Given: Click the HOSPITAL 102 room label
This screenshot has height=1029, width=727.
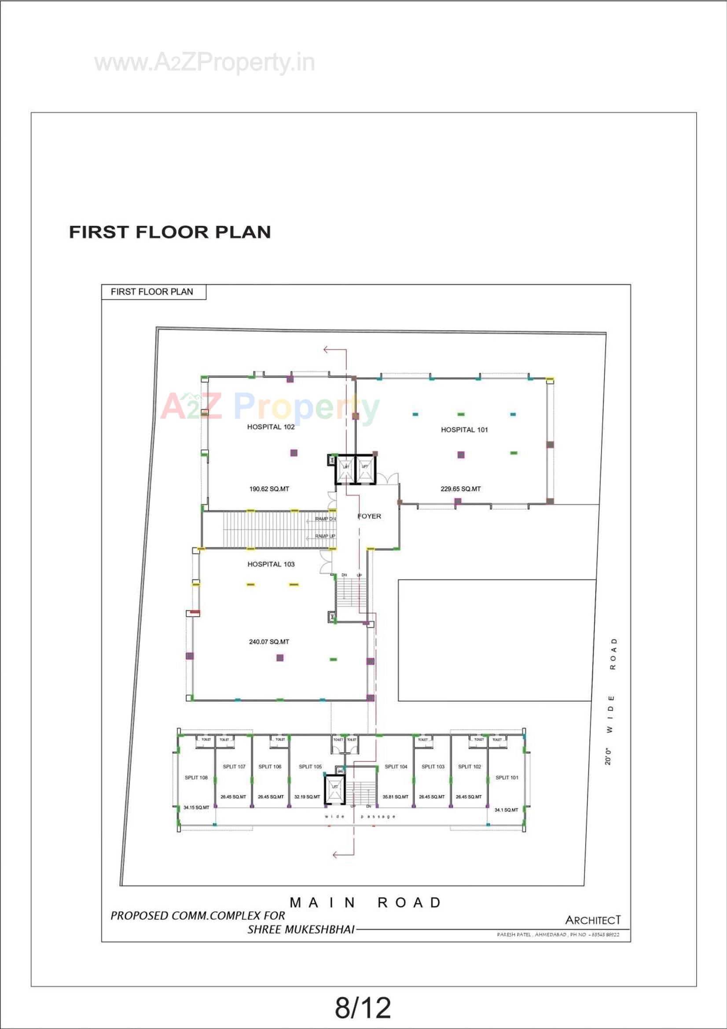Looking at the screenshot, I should [x=271, y=426].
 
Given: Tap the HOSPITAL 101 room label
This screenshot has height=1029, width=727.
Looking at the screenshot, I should [x=464, y=430].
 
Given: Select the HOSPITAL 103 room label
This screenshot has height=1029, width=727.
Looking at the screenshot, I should [x=271, y=564].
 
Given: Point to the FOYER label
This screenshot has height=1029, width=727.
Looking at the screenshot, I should [x=369, y=516].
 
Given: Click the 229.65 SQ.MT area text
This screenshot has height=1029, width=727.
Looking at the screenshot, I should [x=460, y=489].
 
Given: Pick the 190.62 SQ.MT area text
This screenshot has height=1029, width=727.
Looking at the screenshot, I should [x=269, y=489].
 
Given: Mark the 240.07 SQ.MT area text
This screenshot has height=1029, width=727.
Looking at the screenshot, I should [x=269, y=641].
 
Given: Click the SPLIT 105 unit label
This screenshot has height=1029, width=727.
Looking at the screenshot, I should [x=310, y=766].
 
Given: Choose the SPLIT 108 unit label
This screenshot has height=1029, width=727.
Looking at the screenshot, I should [x=196, y=777].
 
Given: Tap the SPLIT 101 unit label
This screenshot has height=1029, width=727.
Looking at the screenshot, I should [x=507, y=777].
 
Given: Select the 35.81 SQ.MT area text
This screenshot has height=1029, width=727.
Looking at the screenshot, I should [x=395, y=797].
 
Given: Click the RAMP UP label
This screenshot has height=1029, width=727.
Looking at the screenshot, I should [x=325, y=536].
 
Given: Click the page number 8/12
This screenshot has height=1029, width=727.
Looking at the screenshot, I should [x=363, y=1007].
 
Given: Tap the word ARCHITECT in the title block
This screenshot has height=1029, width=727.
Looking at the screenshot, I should [x=592, y=920].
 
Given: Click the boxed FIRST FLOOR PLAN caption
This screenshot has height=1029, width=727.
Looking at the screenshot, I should [x=152, y=292].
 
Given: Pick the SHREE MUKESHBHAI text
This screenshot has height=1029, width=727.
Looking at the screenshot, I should [x=301, y=930].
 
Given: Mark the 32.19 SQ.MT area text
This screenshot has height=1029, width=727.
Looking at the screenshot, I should [x=307, y=797].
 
